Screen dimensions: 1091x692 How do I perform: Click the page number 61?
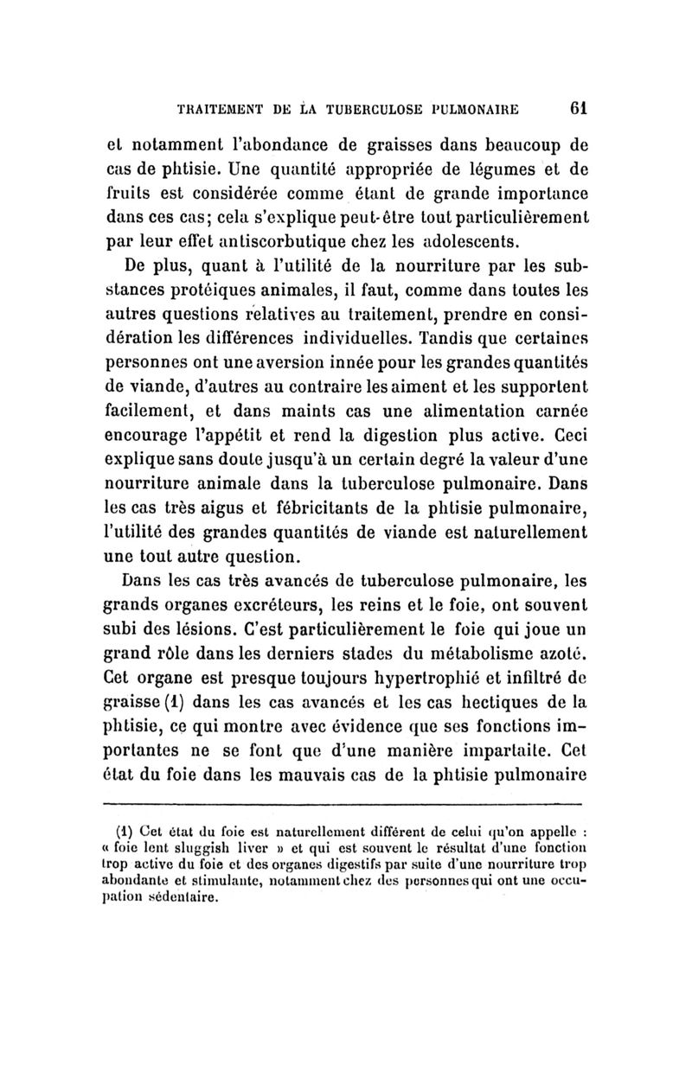pyautogui.click(x=580, y=110)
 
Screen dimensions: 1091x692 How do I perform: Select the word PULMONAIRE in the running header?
pyautogui.click(x=495, y=111)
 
